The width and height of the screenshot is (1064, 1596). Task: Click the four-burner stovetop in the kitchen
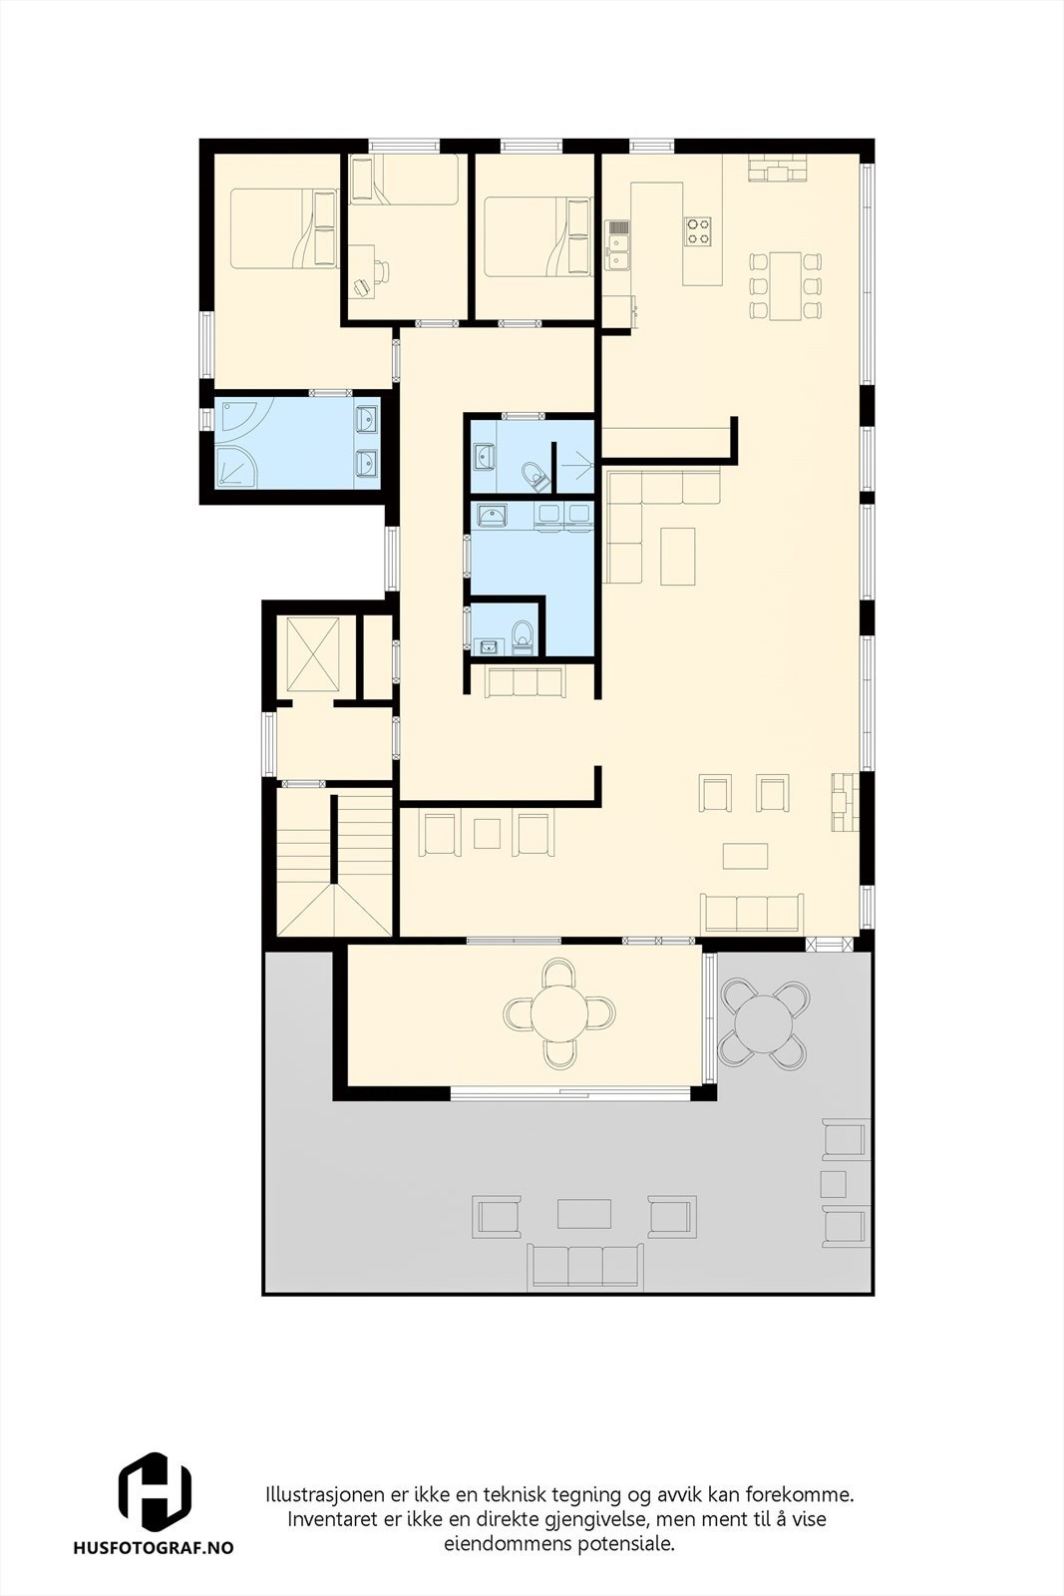click(697, 231)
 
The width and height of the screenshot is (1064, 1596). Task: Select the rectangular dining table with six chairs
click(785, 285)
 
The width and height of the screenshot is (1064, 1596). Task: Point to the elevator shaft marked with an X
click(313, 653)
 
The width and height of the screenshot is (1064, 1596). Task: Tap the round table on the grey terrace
click(764, 1021)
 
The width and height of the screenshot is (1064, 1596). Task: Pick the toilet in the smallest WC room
click(521, 635)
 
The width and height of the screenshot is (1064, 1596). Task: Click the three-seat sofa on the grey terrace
click(584, 1265)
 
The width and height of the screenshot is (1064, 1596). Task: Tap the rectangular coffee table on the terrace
click(584, 1213)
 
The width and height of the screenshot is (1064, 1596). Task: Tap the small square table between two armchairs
click(487, 832)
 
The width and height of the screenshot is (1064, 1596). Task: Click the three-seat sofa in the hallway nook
click(524, 682)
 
